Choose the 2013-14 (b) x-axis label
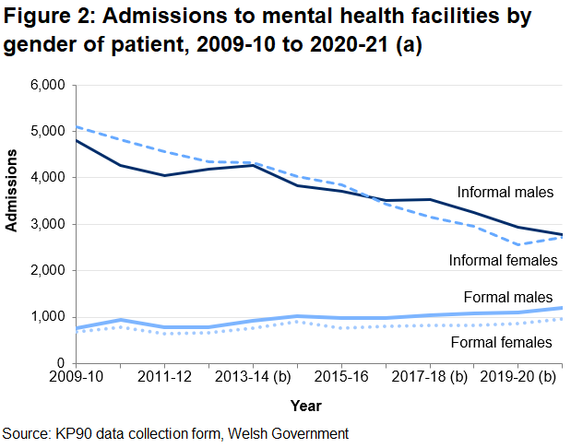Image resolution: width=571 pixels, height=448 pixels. [252, 379]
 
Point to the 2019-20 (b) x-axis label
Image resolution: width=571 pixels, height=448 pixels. [517, 379]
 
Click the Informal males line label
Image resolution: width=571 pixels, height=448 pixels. [505, 193]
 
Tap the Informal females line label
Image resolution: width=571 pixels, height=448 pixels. [503, 260]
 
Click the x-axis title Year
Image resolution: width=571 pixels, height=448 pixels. [305, 405]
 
